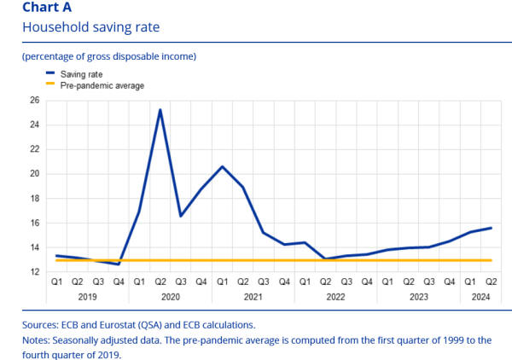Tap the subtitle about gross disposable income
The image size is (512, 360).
coord(109,57)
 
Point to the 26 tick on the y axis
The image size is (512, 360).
coord(34,100)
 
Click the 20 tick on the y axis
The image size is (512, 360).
coord(34,174)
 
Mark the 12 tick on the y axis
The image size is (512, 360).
coord(34,272)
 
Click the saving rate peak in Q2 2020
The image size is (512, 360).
coord(160,110)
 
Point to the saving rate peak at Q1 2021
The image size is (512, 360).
coord(223,166)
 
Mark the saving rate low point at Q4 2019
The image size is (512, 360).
coord(119,264)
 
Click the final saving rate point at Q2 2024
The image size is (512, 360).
coord(492,228)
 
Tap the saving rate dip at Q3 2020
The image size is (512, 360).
coord(181,216)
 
